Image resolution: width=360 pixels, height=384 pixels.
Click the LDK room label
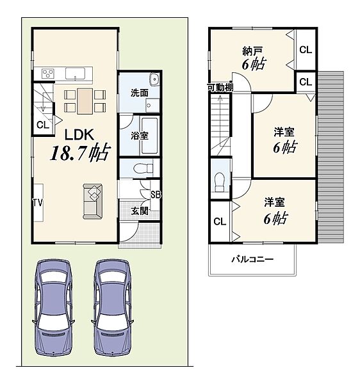79,134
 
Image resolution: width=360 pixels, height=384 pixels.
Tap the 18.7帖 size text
80,152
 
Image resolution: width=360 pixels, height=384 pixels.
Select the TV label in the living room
38,202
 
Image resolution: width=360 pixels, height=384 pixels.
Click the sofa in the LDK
93,201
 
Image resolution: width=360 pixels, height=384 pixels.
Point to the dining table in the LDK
85,101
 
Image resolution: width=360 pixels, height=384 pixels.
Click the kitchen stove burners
48,74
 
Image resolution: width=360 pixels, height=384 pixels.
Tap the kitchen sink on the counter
75,74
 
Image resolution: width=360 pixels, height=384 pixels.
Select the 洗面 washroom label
139,93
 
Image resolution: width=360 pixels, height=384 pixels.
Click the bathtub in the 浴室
149,136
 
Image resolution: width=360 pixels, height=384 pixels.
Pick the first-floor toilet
143,168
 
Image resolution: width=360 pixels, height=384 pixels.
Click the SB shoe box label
156,195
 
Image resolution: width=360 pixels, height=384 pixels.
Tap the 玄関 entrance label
140,211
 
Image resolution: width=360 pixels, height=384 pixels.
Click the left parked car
53,308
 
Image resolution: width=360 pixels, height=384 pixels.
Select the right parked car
113,308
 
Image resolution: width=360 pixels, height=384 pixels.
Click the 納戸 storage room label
252,51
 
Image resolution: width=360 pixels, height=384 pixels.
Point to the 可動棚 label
220,87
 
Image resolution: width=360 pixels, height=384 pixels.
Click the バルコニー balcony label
252,259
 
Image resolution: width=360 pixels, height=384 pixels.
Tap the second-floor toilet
219,182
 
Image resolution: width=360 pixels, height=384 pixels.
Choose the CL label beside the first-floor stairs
43,125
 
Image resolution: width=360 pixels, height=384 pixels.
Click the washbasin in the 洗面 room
154,79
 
